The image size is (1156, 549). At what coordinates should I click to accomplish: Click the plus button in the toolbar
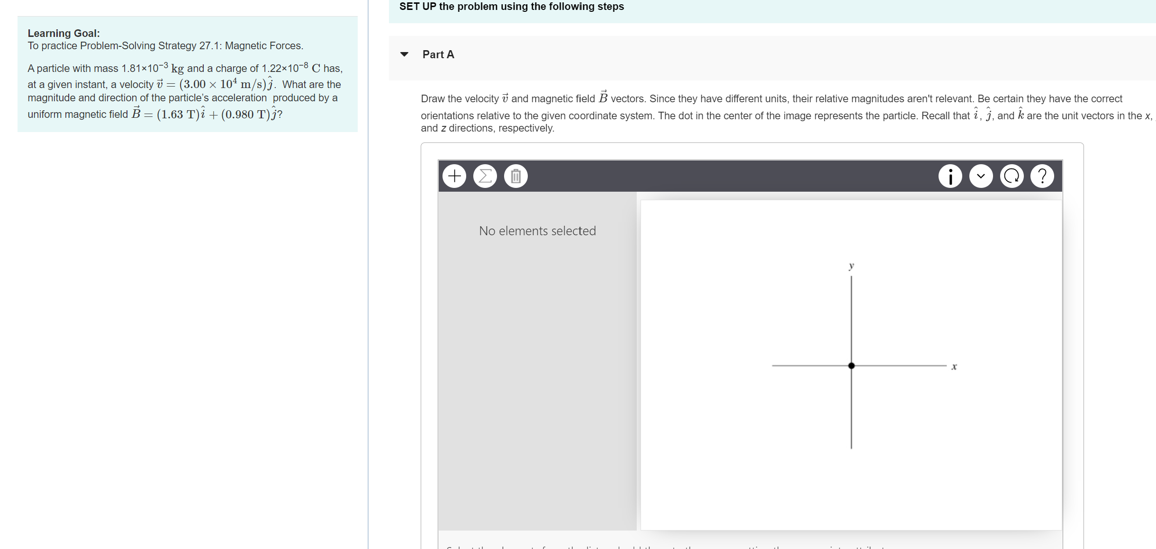tap(454, 176)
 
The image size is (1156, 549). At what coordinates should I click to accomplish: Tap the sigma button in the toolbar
tap(485, 176)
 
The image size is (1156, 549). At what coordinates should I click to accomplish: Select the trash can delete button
tap(516, 176)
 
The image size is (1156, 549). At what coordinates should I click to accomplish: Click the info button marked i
tap(950, 176)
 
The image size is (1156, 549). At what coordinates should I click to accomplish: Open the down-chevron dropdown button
tap(981, 176)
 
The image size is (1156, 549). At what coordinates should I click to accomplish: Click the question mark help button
tap(1042, 176)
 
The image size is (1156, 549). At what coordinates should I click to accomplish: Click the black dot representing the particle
tap(851, 365)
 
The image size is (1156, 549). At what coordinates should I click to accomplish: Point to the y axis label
tap(851, 266)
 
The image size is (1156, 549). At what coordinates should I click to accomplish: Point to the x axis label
tap(954, 366)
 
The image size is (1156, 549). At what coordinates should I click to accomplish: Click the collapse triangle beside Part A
tap(404, 54)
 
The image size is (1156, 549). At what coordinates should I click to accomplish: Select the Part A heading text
tap(438, 54)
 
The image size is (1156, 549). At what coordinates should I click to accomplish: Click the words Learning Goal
tap(63, 33)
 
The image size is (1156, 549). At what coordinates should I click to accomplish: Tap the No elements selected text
tap(537, 231)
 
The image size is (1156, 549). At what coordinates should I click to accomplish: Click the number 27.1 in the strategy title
tap(209, 46)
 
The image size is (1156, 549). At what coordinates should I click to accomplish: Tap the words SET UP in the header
tap(417, 7)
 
